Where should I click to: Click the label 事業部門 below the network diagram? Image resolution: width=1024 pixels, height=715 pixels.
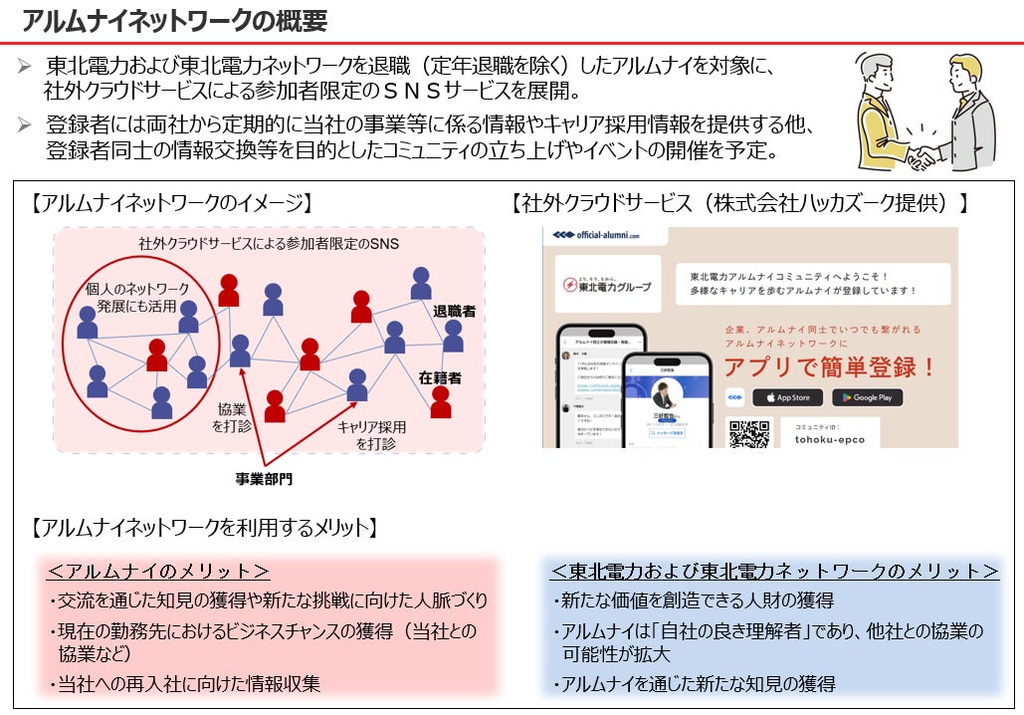pos(264,479)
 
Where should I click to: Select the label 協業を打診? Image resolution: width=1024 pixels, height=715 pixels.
pos(233,417)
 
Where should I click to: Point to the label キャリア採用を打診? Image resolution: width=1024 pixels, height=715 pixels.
pos(370,434)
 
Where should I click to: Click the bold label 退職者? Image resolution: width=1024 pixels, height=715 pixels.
pos(454,311)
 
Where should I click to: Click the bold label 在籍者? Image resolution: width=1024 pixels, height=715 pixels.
pos(440,378)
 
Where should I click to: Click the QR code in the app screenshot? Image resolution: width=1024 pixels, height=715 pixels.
pos(749,434)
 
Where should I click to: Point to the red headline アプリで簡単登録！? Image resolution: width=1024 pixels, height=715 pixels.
pos(829,366)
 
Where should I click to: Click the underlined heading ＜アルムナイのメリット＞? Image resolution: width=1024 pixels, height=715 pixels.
pos(158,572)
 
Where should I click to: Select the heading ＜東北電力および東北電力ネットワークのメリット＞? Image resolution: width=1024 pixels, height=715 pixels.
pos(774,572)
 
